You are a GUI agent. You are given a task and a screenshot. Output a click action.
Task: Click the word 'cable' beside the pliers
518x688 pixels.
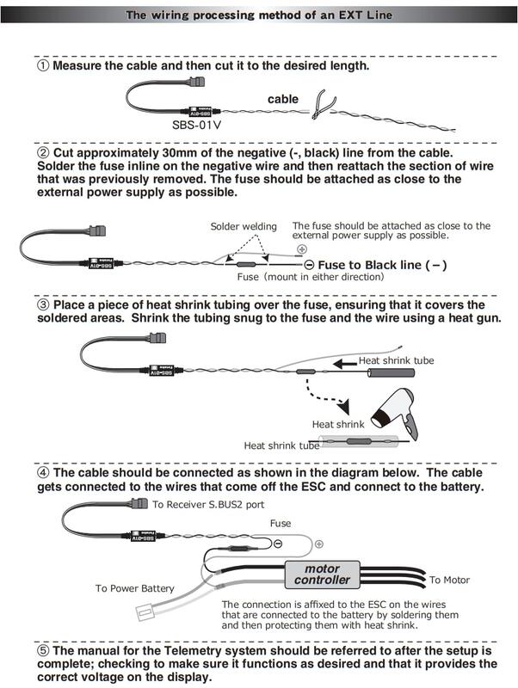coord(282,100)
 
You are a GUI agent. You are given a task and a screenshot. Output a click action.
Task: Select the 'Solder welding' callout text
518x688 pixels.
coord(244,226)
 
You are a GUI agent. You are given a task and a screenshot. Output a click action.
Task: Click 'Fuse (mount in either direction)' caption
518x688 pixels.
coord(310,278)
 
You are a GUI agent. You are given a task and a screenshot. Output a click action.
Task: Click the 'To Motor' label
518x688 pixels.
coord(449,580)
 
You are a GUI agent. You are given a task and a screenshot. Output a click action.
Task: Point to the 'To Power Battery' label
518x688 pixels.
coord(134,588)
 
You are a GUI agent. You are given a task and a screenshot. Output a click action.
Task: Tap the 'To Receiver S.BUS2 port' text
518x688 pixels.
coord(208,505)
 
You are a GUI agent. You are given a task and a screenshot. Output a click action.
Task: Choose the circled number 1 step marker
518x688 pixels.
coord(42,65)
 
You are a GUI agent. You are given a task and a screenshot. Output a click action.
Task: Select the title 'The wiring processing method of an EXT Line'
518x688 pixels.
coord(259,15)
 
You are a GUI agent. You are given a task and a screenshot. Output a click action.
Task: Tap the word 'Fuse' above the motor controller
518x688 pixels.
coord(281,523)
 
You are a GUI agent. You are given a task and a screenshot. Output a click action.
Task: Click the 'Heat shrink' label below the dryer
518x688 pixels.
coord(337,425)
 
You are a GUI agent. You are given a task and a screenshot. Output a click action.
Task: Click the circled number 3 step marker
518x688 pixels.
coord(42,305)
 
